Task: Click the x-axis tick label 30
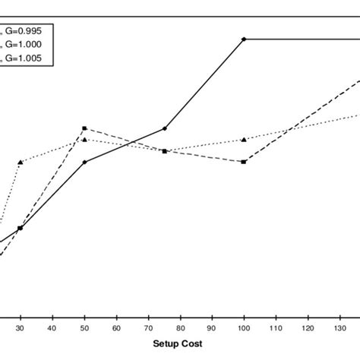coord(21,328)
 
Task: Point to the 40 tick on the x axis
coord(52,328)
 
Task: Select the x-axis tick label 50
coord(84,328)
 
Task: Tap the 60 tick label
coord(116,328)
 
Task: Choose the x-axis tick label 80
coord(180,328)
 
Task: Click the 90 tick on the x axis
coord(212,328)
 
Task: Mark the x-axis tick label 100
coord(243,328)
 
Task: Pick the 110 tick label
coord(275,328)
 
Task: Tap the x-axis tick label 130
coord(339,328)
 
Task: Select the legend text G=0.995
coord(27,30)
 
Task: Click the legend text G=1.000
coord(27,44)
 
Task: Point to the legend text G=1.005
coord(27,57)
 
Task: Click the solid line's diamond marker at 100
coord(244,39)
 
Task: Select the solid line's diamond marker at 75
coord(164,129)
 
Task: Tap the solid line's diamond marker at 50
coord(84,162)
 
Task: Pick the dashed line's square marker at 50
coord(84,128)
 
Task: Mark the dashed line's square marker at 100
coord(244,162)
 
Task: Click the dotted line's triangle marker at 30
coord(21,162)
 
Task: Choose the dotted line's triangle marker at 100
coord(244,140)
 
